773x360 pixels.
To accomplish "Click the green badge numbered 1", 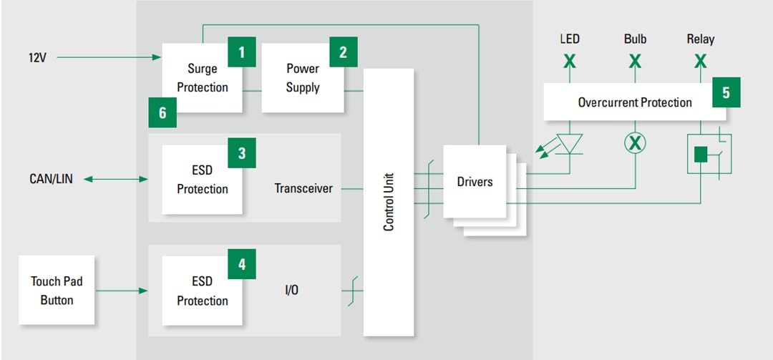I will (241, 52).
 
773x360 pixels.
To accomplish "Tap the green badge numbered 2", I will (343, 52).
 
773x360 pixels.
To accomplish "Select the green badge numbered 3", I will (241, 153).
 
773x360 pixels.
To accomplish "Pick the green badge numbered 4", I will (241, 264).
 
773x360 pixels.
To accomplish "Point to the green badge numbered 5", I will (726, 92).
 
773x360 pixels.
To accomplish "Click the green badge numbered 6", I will (162, 113).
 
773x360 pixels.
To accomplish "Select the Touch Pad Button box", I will (57, 291).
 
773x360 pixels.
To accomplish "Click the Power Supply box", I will (303, 78).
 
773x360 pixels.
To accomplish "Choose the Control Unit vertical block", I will (389, 202).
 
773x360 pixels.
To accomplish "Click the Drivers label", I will (475, 182).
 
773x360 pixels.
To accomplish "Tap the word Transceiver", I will (303, 188).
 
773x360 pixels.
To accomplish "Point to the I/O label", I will (292, 291).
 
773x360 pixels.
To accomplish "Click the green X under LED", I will (569, 62).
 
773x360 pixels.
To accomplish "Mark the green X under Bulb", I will (635, 62).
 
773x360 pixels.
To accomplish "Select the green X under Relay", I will (700, 62).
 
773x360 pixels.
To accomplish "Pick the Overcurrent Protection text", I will (635, 102).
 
